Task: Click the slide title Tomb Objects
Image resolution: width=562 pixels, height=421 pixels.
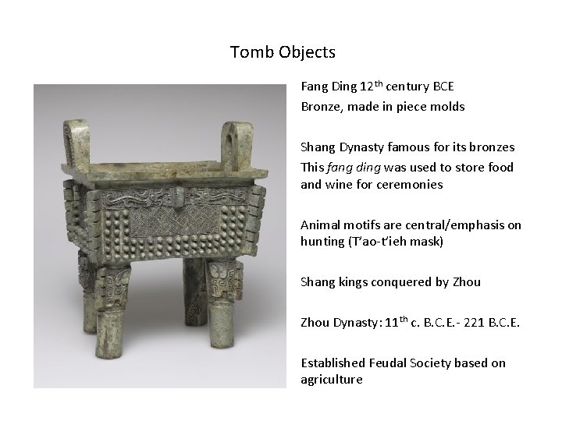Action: click(x=283, y=53)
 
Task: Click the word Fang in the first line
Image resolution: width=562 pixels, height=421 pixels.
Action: click(x=314, y=87)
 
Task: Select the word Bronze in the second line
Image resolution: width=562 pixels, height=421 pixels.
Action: click(x=319, y=106)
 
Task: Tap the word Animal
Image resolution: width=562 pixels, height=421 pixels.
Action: click(x=319, y=225)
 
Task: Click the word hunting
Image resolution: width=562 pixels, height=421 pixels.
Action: click(x=322, y=242)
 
